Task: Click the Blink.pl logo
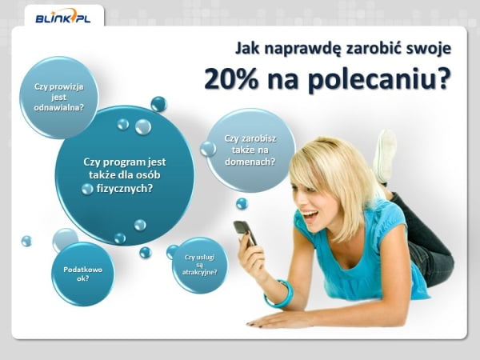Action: pos(63,18)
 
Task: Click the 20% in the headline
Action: pos(231,78)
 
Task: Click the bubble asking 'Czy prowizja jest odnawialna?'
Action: pos(58,98)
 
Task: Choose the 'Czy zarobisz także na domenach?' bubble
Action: pos(250,150)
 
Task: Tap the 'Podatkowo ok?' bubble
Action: pos(83,274)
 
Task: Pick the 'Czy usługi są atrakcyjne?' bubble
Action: pos(199,265)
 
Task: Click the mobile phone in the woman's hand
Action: pos(245,234)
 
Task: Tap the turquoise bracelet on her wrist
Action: pos(280,294)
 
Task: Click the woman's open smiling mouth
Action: pos(310,215)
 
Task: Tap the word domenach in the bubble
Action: pos(250,162)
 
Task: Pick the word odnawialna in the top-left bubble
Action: pos(58,107)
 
